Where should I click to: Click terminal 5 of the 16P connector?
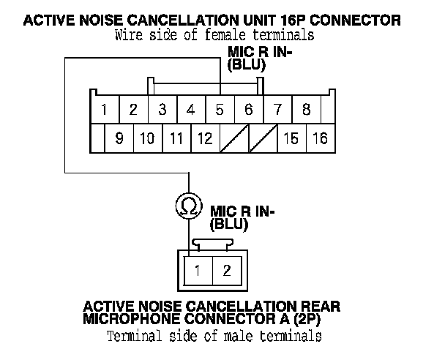220,109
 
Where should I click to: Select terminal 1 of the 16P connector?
105,109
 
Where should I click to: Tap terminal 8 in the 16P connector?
307,109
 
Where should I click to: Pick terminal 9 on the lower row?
119,138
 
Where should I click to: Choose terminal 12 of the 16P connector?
206,138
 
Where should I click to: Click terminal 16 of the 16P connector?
321,138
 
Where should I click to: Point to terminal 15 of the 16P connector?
292,138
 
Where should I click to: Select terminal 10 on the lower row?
148,138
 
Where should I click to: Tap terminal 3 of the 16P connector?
162,109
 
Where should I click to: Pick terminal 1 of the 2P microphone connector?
198,271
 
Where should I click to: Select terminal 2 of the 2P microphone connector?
227,271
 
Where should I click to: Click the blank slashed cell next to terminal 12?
234,138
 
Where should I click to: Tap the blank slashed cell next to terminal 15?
263,138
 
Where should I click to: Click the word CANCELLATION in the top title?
182,20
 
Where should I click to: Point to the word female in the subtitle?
225,35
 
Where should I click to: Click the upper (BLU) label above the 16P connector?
247,65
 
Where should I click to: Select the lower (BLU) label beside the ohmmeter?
229,225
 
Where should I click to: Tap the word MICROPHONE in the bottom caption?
132,318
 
